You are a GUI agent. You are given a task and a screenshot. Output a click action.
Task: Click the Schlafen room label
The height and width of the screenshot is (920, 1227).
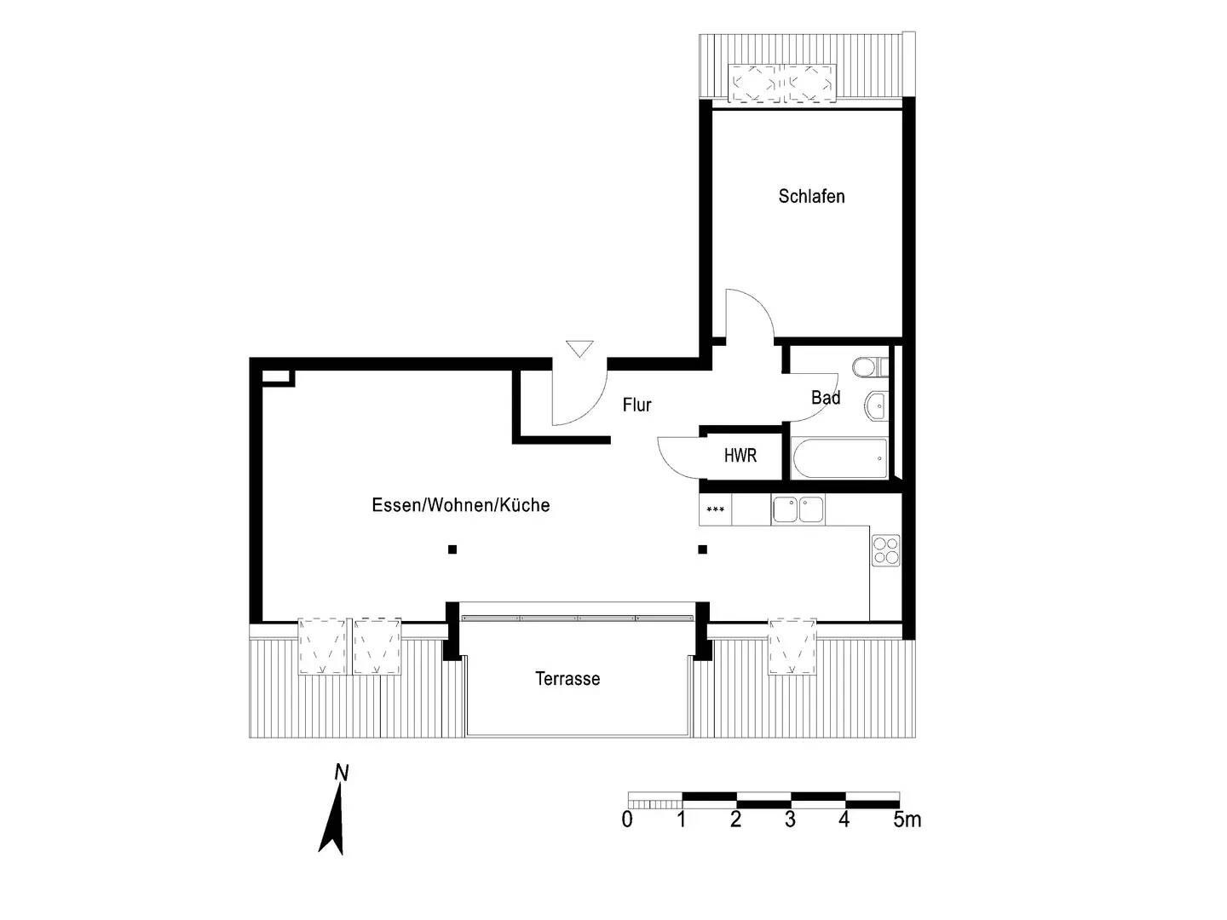point(811,197)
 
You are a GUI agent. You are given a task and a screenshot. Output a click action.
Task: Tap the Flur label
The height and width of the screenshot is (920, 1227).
point(637,405)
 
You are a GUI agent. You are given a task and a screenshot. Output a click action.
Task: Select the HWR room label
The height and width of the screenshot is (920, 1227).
point(740,456)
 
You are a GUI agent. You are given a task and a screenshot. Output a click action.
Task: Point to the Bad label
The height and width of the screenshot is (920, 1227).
point(825,398)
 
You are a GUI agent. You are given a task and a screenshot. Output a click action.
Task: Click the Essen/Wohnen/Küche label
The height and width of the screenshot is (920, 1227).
point(460,505)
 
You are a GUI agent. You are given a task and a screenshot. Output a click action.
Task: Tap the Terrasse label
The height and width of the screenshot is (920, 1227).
point(567,679)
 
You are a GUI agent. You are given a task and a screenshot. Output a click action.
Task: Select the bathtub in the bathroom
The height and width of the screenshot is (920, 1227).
point(839,459)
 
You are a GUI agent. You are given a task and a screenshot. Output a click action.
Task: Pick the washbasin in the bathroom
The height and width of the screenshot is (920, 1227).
point(875,405)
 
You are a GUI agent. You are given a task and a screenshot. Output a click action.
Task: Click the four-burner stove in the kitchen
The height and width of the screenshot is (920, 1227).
point(885,549)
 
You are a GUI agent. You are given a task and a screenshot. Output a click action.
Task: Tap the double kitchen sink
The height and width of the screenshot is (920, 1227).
point(798,509)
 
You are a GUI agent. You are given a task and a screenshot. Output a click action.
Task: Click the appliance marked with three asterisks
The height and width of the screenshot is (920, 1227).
point(716,510)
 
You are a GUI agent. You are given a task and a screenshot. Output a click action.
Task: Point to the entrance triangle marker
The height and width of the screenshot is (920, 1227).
point(579,348)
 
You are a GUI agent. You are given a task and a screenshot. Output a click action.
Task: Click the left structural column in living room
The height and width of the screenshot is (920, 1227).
point(452,549)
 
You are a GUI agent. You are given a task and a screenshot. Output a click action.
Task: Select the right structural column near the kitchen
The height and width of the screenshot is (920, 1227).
point(703,549)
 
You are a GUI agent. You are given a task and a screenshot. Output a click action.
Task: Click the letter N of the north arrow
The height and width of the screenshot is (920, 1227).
point(342,773)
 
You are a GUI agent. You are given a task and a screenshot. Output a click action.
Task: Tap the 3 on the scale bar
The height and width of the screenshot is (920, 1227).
point(790,819)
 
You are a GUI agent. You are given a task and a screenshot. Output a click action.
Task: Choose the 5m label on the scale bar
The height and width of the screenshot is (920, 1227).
point(907,819)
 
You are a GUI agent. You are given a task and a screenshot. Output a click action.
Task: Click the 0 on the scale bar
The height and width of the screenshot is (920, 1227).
point(628,819)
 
